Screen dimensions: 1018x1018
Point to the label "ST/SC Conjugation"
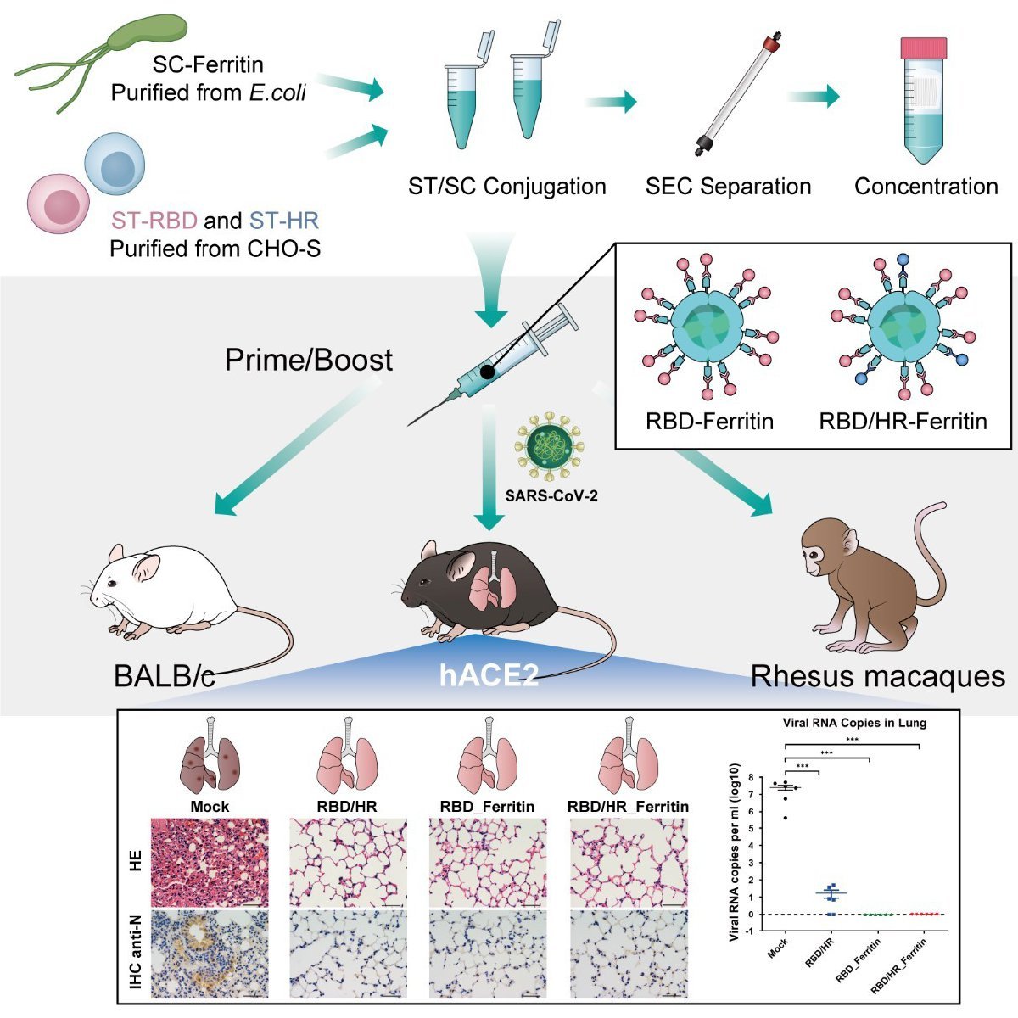point(506,187)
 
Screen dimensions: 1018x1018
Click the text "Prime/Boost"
point(308,360)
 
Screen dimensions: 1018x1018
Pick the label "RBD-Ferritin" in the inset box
point(709,421)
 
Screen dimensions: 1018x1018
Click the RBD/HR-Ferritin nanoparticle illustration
point(904,327)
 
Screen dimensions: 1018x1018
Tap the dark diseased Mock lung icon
point(210,759)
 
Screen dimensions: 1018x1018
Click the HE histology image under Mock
point(210,863)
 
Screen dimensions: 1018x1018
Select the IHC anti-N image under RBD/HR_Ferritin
point(629,954)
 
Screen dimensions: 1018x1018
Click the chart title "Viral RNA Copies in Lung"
point(853,723)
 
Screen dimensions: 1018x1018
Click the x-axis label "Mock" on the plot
point(778,947)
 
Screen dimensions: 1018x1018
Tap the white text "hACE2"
point(489,675)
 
